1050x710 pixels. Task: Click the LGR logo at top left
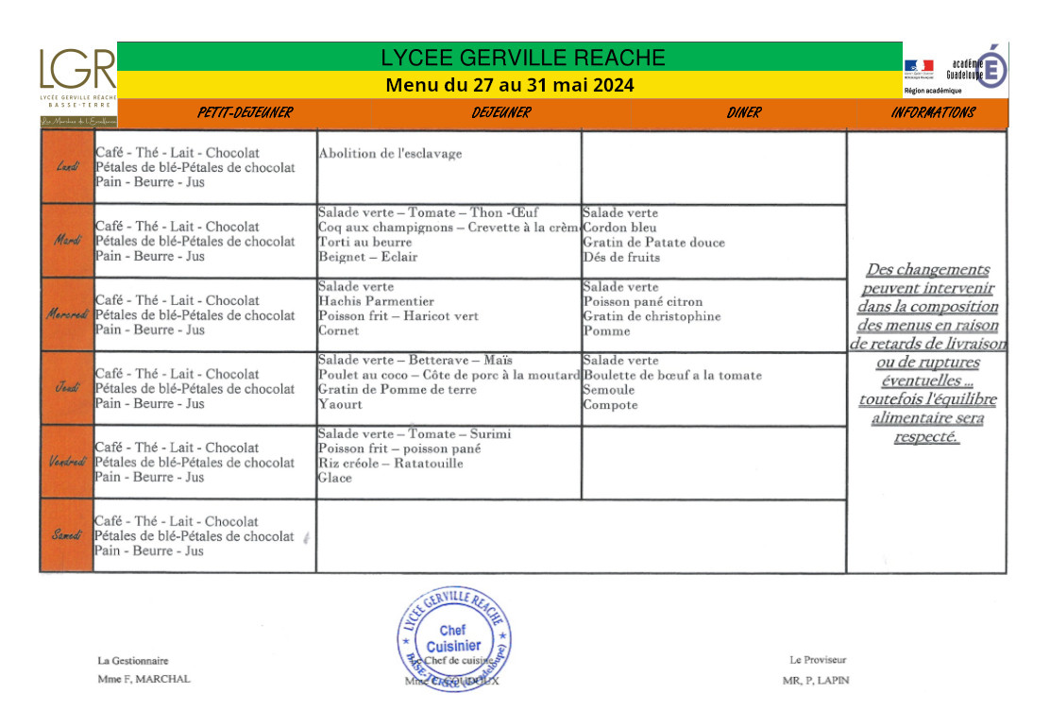pyautogui.click(x=77, y=76)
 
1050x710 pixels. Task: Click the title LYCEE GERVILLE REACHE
pyautogui.click(x=523, y=58)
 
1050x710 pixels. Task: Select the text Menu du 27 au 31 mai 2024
pyautogui.click(x=510, y=85)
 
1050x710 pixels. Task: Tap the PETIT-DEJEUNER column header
pyautogui.click(x=245, y=113)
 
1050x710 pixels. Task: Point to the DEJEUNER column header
pyautogui.click(x=501, y=113)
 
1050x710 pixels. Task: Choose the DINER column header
pyautogui.click(x=744, y=113)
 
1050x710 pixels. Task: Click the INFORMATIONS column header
pyautogui.click(x=932, y=113)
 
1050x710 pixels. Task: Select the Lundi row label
pyautogui.click(x=67, y=167)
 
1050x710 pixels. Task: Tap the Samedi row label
pyautogui.click(x=67, y=535)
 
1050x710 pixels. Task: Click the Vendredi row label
pyautogui.click(x=67, y=462)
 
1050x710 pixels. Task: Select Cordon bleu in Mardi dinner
pyautogui.click(x=619, y=228)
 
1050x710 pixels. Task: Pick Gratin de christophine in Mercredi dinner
pyautogui.click(x=652, y=316)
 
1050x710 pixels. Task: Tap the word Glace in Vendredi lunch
pyautogui.click(x=335, y=478)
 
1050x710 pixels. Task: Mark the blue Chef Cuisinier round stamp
pyautogui.click(x=453, y=638)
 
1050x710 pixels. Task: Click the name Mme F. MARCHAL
pyautogui.click(x=144, y=679)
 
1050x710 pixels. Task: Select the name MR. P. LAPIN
pyautogui.click(x=816, y=680)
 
